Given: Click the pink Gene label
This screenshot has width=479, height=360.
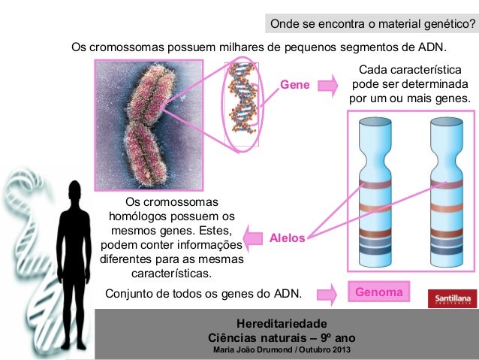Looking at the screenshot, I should [x=295, y=86].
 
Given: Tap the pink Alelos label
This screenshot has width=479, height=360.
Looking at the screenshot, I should [x=288, y=237].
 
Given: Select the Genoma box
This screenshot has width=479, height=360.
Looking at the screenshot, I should [x=379, y=291].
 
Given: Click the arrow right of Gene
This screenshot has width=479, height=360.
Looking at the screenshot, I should [x=327, y=86].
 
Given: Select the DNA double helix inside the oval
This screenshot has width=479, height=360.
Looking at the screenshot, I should [x=242, y=102].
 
